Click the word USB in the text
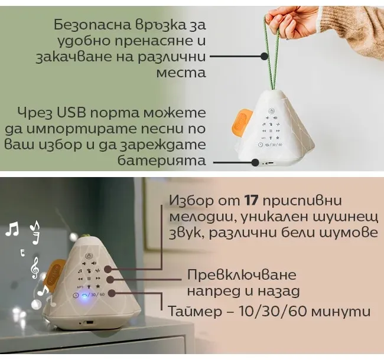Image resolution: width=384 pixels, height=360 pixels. click(x=71, y=113)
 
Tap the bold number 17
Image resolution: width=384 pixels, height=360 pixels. click(x=251, y=201)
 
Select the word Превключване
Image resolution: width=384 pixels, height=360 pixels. click(x=242, y=274)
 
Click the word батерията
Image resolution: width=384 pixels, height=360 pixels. click(x=162, y=161)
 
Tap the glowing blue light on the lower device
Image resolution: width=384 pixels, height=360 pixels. click(x=84, y=296)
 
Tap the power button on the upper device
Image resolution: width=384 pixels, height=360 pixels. click(x=271, y=112)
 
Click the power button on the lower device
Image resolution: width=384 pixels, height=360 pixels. click(x=89, y=256)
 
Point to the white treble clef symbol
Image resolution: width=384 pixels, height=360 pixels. click(x=35, y=268)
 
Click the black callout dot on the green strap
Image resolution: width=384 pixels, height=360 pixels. click(x=264, y=57)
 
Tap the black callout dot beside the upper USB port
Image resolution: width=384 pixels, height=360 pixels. click(x=255, y=162)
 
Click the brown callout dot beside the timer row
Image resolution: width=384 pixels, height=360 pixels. click(x=112, y=293)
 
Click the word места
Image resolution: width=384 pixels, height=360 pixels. click(x=181, y=73)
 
